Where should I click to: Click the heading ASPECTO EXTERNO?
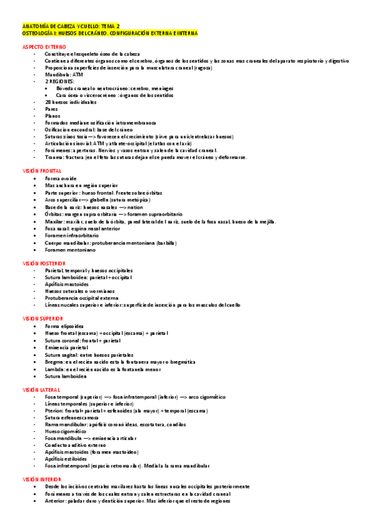44,47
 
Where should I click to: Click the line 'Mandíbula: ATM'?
64,75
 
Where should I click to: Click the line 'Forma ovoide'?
60,178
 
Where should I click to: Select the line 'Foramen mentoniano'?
70,250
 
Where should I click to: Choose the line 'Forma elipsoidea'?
65,326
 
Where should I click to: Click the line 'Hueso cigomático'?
66,431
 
